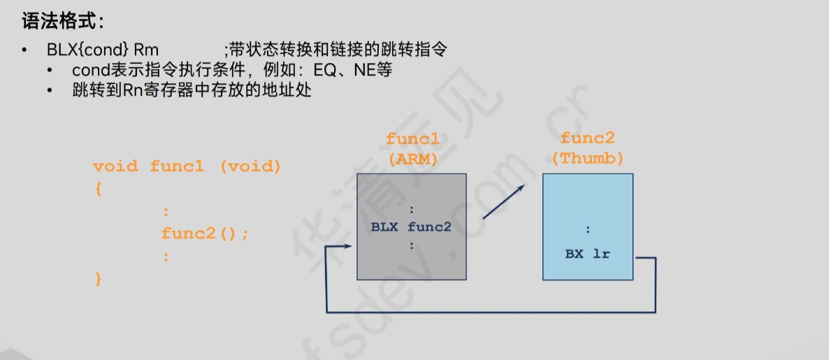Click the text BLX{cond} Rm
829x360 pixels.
coord(103,50)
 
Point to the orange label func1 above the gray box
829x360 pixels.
coord(412,139)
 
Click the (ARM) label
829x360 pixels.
coord(412,159)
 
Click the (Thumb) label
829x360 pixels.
coord(588,158)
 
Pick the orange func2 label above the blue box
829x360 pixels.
coord(588,138)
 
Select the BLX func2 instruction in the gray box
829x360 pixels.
coord(411,226)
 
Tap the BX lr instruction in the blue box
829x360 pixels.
coord(588,254)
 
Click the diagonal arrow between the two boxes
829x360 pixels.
coord(503,203)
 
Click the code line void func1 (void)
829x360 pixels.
coord(187,166)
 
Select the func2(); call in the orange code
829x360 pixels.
coord(205,233)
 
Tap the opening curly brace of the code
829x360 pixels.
coord(99,189)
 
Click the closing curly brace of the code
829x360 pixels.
coord(99,279)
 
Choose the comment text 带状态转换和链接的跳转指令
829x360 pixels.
coord(336,50)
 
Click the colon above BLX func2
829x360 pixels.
coord(412,209)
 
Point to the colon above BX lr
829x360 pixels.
coord(588,229)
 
